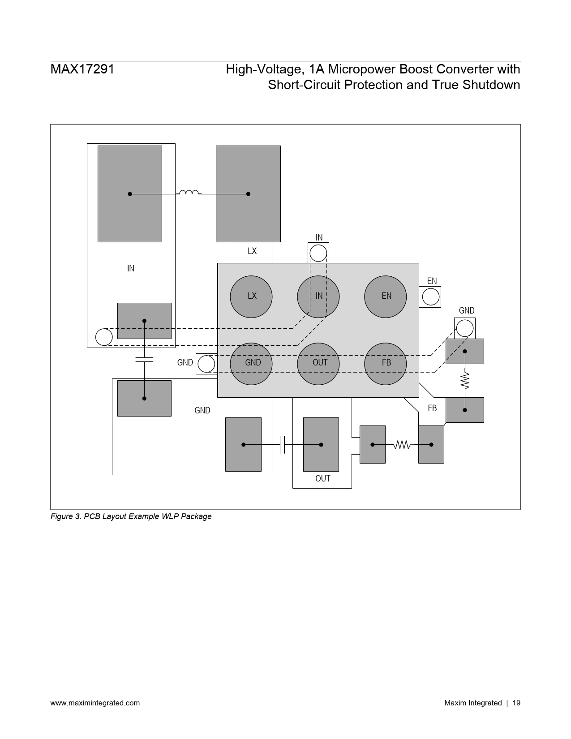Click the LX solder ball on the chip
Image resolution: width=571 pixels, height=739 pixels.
tap(251, 296)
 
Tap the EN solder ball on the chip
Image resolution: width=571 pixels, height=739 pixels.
tap(385, 296)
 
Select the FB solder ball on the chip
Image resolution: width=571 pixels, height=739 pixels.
tap(385, 364)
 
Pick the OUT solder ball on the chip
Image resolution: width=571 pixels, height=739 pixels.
tap(318, 364)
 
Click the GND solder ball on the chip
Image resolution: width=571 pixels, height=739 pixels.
tap(251, 364)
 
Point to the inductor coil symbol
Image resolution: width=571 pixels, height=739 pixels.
tap(189, 193)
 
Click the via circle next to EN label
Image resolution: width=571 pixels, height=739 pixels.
tap(430, 296)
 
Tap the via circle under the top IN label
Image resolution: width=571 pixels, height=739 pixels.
tap(318, 253)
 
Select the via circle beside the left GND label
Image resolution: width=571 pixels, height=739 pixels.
tap(206, 364)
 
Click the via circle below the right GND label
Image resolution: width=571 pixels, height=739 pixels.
tap(464, 328)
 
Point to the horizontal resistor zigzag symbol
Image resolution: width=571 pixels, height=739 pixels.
tap(402, 444)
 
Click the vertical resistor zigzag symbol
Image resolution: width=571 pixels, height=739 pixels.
tap(464, 381)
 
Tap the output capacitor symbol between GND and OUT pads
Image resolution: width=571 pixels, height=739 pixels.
tap(282, 444)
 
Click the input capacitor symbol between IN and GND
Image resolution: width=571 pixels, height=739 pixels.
tap(144, 360)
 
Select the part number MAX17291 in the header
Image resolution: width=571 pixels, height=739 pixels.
tap(82, 69)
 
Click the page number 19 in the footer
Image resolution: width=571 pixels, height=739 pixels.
tap(516, 703)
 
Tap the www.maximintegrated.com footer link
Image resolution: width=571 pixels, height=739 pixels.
tap(95, 703)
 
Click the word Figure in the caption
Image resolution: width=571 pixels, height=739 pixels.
tap(61, 516)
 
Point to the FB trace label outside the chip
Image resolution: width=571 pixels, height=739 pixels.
tap(432, 408)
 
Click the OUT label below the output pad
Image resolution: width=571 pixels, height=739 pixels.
tap(323, 478)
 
